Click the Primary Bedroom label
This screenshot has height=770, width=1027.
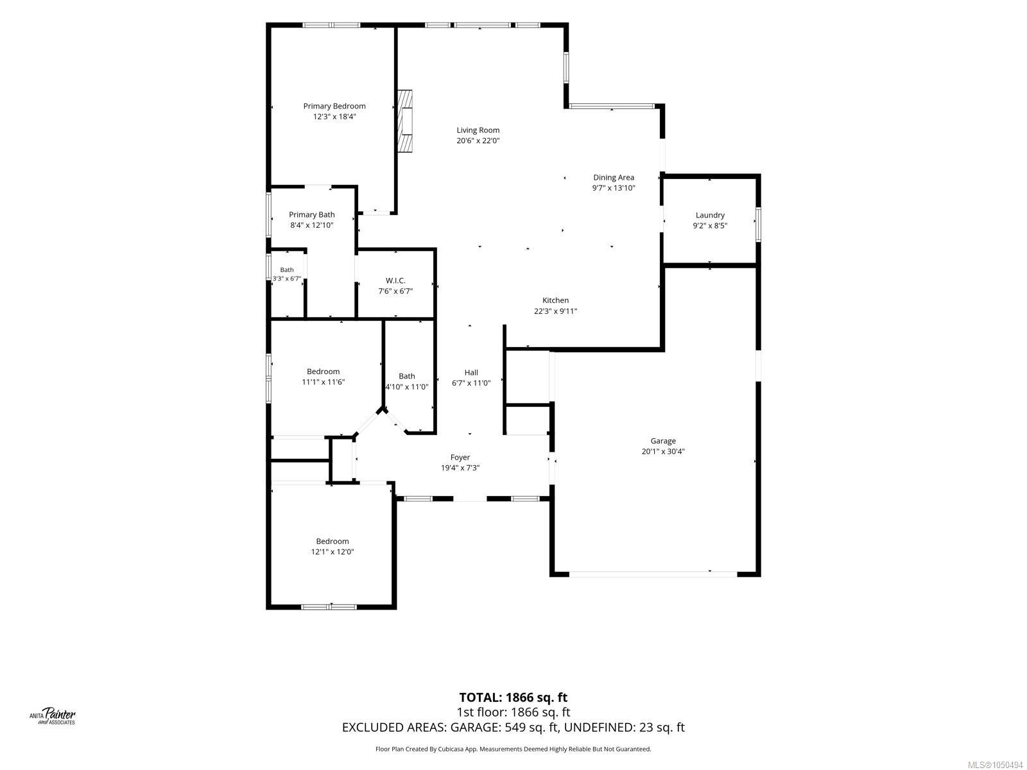point(334,106)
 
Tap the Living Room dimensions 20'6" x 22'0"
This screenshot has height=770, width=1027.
point(478,141)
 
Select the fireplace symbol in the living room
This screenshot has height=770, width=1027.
point(405,121)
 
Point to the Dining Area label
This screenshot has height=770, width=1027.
point(614,177)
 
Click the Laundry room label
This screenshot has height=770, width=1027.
point(710,215)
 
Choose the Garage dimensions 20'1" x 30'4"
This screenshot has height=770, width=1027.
point(663,451)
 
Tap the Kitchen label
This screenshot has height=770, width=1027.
point(555,300)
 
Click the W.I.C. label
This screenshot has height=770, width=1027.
point(395,280)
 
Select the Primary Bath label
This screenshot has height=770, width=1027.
point(311,214)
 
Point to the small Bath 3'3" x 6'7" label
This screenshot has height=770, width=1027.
point(287,274)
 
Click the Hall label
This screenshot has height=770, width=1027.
point(471,372)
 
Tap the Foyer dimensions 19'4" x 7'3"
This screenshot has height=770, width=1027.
point(460,468)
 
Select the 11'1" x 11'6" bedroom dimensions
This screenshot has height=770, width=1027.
point(324,382)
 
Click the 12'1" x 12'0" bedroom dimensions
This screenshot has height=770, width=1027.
point(332,551)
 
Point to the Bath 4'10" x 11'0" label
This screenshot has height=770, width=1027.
point(406,381)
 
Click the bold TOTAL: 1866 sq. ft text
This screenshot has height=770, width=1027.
point(513,697)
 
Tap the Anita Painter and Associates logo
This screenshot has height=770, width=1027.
point(53,716)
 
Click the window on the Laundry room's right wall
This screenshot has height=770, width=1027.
point(758,225)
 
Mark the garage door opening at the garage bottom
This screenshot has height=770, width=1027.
point(653,574)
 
